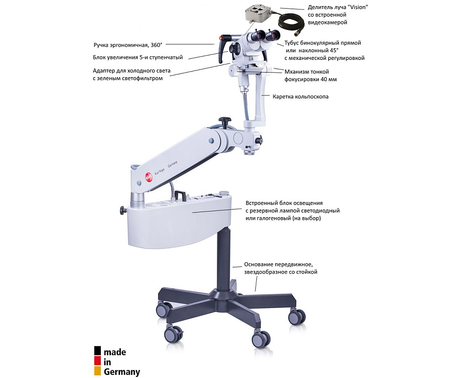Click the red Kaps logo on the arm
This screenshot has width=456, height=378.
(x=149, y=176)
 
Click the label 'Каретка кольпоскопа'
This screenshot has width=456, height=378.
(x=300, y=97)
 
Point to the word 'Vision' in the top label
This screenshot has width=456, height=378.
(x=358, y=7)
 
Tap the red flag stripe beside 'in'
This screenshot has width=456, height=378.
(x=97, y=361)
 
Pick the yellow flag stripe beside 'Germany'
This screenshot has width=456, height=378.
(x=97, y=370)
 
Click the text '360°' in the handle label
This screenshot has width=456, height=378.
(x=157, y=45)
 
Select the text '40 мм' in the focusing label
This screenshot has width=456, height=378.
(x=329, y=79)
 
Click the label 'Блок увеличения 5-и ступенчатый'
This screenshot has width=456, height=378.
(x=138, y=57)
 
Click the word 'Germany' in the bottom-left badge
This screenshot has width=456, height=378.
(x=122, y=372)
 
